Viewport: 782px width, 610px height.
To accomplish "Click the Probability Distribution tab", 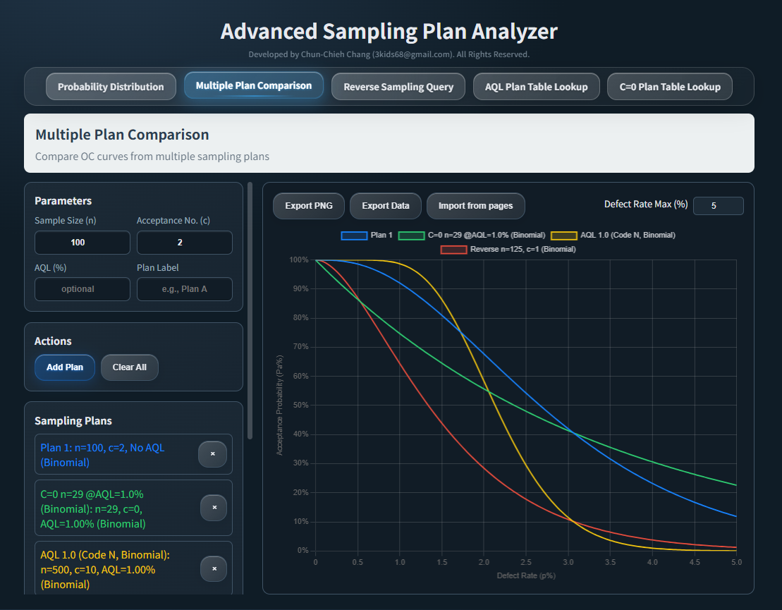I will [x=111, y=87].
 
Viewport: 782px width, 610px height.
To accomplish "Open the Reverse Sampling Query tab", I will [x=398, y=87].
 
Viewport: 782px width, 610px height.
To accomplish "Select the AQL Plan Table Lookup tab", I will [x=536, y=87].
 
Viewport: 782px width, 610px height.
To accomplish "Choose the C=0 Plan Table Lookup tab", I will [x=669, y=87].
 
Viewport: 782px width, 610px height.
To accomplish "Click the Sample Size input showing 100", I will [x=82, y=243].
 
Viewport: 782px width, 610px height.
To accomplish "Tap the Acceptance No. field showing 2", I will [x=184, y=243].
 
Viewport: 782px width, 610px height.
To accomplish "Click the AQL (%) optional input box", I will [x=82, y=289].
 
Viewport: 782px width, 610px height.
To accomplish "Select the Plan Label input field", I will [x=184, y=289].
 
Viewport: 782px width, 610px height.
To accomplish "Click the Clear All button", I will [x=129, y=367].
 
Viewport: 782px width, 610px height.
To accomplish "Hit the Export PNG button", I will [x=308, y=206].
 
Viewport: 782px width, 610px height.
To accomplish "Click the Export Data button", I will [x=385, y=206].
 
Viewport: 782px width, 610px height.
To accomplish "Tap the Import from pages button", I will [x=475, y=206].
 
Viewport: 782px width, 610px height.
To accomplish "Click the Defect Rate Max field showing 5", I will [x=718, y=206].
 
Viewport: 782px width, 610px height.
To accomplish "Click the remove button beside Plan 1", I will [x=212, y=454].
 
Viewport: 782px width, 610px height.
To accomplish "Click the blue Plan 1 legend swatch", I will [x=354, y=235].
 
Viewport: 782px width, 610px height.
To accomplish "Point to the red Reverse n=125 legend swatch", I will [x=453, y=249].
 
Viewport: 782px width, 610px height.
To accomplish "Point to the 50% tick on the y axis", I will [x=300, y=405].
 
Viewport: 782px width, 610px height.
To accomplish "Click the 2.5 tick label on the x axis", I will [x=526, y=563].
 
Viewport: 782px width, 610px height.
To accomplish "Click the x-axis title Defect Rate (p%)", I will [x=526, y=575].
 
